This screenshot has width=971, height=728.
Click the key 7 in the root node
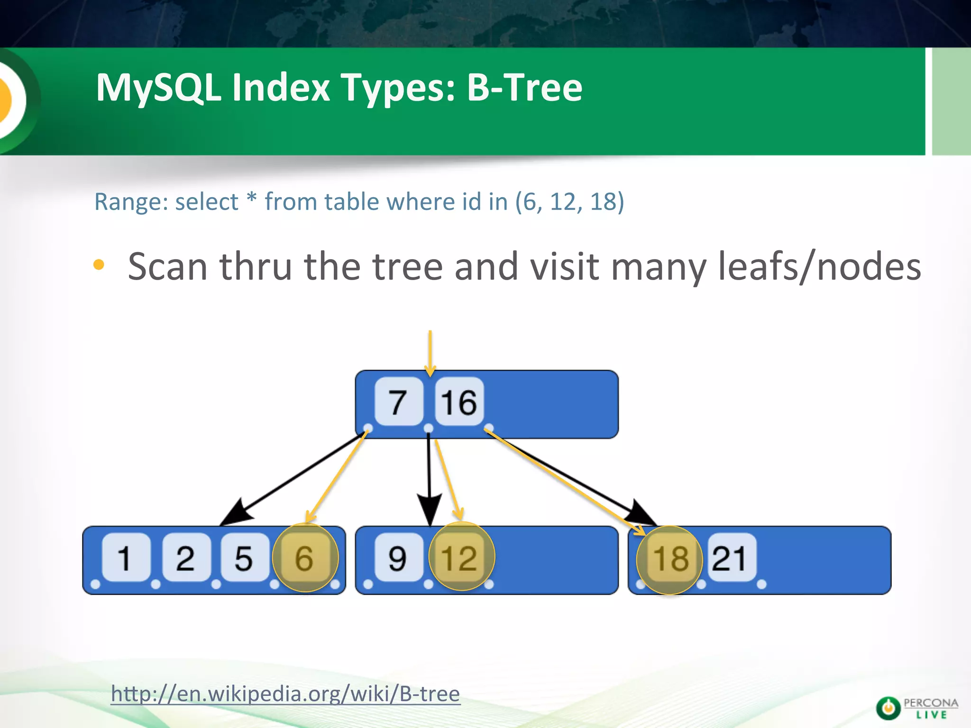click(398, 402)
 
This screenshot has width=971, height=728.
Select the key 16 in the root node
click(459, 402)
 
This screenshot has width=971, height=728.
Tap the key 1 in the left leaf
click(125, 558)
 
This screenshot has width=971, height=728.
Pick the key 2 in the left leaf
click(185, 558)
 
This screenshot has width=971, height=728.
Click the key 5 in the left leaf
click(244, 558)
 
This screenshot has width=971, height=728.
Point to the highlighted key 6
click(305, 558)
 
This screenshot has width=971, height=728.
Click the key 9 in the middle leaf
click(398, 558)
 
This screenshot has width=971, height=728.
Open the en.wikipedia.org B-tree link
click(285, 694)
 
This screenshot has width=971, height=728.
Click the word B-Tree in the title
click(524, 88)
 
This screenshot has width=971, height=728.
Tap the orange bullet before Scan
click(99, 265)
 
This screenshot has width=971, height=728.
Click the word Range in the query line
click(130, 202)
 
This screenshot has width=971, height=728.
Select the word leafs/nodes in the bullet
click(819, 267)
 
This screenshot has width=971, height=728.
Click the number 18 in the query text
click(603, 202)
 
